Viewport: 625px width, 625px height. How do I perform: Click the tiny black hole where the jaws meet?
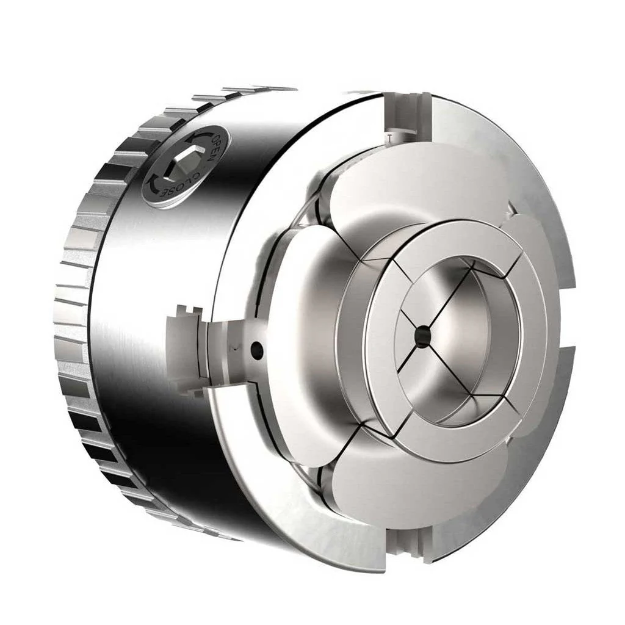click(423, 333)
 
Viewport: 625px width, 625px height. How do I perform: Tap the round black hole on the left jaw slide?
click(256, 350)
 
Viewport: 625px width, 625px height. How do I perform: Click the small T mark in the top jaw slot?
click(390, 138)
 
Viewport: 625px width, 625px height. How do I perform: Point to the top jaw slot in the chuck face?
click(406, 115)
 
